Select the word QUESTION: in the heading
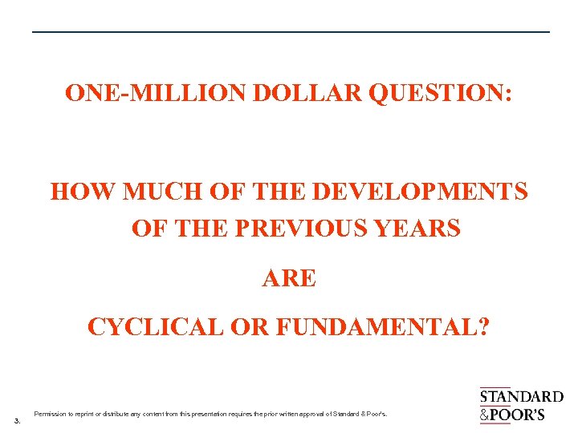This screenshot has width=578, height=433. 440,93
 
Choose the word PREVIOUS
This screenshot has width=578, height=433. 301,229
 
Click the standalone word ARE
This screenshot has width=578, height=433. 289,278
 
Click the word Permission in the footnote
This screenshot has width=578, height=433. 50,414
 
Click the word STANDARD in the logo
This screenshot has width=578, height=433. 521,397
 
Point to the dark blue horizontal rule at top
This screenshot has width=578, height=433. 291,32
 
